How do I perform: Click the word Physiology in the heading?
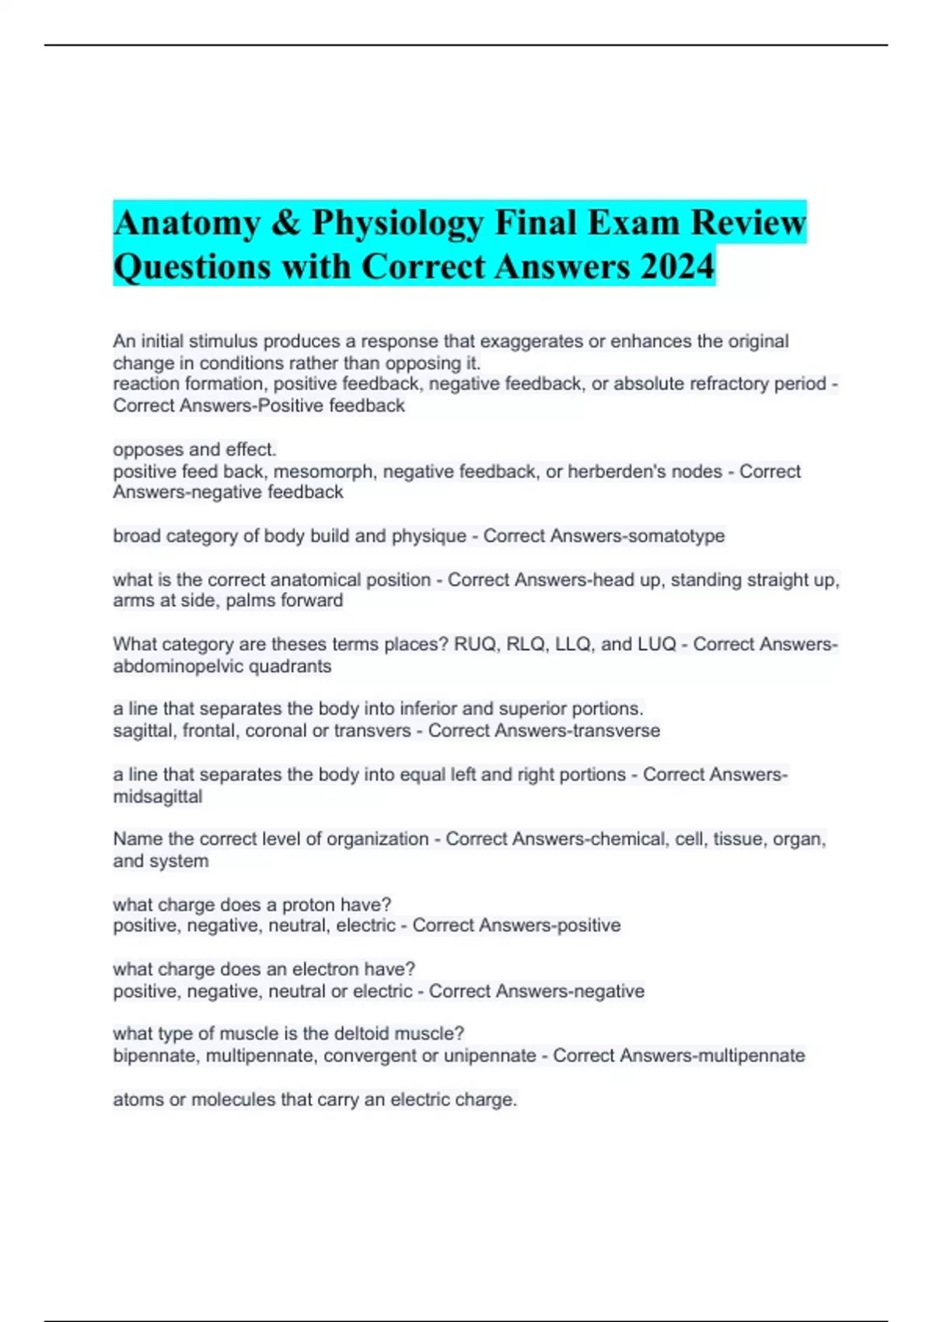click(397, 224)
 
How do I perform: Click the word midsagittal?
click(158, 796)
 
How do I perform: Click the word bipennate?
click(155, 1056)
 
